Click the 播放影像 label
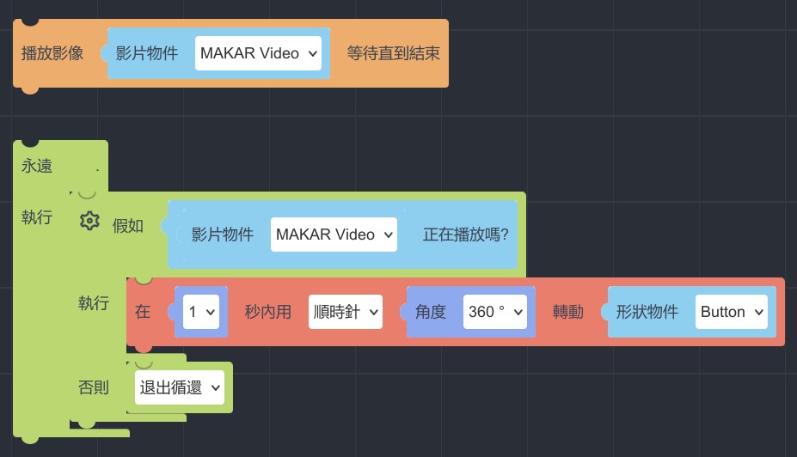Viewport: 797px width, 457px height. (x=52, y=53)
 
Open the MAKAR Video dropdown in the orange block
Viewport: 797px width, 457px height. (x=258, y=53)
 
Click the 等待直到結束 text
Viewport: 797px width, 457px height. (x=393, y=53)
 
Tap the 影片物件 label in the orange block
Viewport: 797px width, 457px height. (x=147, y=53)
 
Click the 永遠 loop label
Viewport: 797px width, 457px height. (x=37, y=166)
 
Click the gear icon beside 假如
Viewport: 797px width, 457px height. (x=89, y=221)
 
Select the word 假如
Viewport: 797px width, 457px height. (x=128, y=226)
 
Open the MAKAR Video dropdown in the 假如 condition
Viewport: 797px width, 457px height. (x=334, y=235)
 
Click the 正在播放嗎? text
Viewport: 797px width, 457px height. (x=465, y=235)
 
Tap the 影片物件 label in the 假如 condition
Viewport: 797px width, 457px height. (x=223, y=235)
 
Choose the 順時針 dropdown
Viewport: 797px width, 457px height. (x=345, y=312)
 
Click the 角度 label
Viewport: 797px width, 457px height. (x=430, y=312)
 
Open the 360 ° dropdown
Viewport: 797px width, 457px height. (x=494, y=312)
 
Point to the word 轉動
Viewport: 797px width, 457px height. (x=567, y=312)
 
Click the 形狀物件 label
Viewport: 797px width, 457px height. (x=647, y=312)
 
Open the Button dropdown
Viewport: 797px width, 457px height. (x=731, y=312)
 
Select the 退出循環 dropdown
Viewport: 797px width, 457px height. (x=180, y=388)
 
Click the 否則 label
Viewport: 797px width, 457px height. (x=94, y=388)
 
